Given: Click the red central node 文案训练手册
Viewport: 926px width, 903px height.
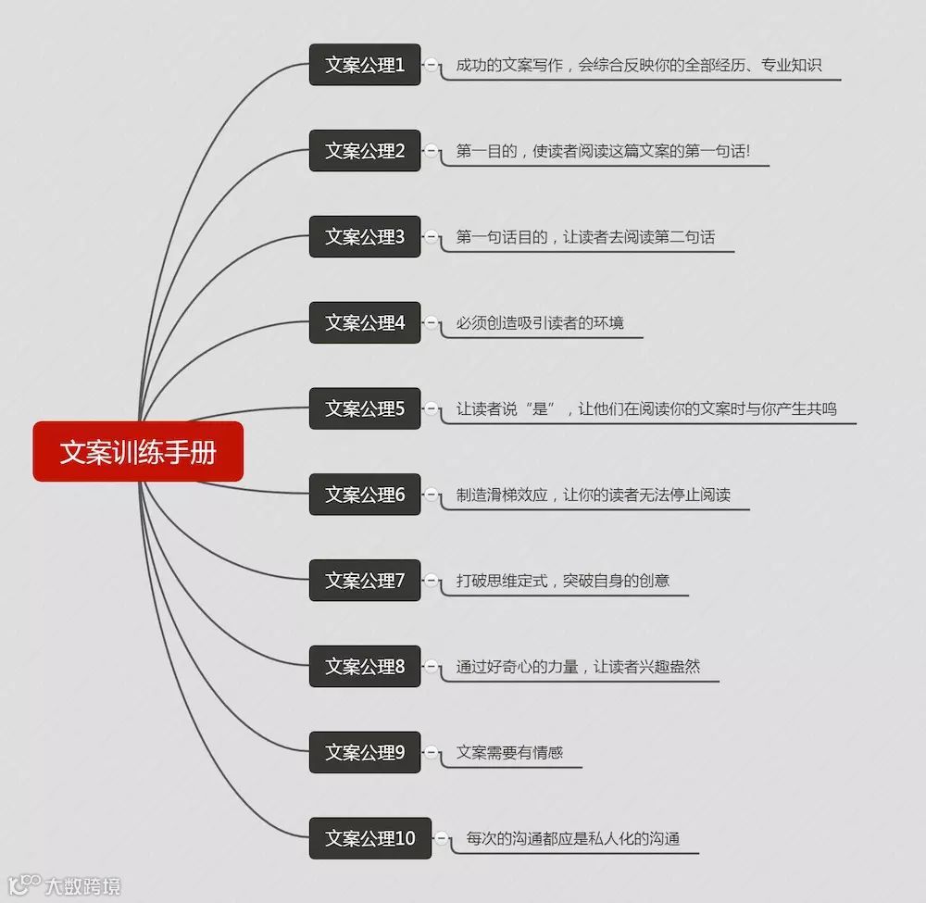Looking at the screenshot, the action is pyautogui.click(x=138, y=452).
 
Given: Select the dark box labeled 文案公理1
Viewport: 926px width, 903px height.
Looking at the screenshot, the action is pyautogui.click(x=365, y=65).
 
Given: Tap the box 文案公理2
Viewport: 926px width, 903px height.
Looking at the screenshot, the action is pyautogui.click(x=365, y=151).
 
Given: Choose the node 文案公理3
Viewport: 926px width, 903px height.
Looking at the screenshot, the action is pyautogui.click(x=365, y=237).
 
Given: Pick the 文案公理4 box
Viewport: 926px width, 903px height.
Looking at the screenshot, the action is pyautogui.click(x=365, y=323).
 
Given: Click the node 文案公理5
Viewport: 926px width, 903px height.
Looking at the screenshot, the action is pyautogui.click(x=365, y=408).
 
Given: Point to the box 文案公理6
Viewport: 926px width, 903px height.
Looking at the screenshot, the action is pyautogui.click(x=365, y=495).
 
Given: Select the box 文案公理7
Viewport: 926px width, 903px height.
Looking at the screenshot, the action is pyautogui.click(x=365, y=581).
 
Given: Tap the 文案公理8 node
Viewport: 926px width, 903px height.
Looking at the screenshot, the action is pyautogui.click(x=365, y=667).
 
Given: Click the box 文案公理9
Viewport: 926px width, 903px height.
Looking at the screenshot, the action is pyautogui.click(x=365, y=753).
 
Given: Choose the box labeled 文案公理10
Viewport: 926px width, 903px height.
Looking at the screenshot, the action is pyautogui.click(x=370, y=839).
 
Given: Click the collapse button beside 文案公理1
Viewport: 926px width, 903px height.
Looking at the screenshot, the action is pyautogui.click(x=432, y=65).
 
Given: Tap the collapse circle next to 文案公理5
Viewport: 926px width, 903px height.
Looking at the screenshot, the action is pyautogui.click(x=432, y=408).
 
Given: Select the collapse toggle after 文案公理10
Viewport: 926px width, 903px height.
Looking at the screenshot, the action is pyautogui.click(x=443, y=839).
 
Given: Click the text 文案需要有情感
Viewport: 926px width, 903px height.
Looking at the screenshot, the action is pyautogui.click(x=509, y=753).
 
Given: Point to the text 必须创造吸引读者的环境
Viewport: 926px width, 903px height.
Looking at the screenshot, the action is pyautogui.click(x=540, y=323).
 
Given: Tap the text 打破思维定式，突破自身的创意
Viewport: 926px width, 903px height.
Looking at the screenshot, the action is pyautogui.click(x=562, y=581).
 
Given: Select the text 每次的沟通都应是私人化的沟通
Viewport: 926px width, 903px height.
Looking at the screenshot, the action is pyautogui.click(x=573, y=839).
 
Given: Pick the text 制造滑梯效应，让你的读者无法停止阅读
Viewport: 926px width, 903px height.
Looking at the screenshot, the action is pyautogui.click(x=593, y=495).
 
